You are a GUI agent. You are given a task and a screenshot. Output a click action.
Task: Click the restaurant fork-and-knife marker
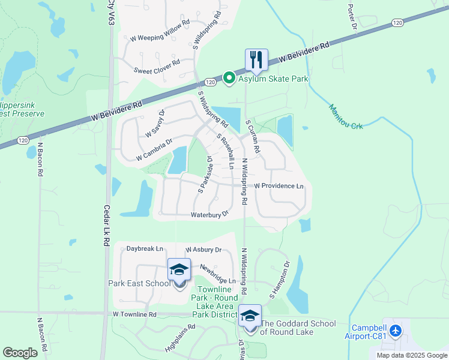point(256,60)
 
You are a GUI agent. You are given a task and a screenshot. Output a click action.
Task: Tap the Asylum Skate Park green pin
point(229,77)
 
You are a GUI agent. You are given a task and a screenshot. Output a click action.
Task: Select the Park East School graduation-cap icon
point(179,270)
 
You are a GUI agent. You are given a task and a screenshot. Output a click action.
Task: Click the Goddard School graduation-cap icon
point(250,316)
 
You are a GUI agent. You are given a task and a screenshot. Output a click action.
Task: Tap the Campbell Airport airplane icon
point(395,331)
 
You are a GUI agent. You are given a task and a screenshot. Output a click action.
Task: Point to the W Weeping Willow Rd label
point(160,37)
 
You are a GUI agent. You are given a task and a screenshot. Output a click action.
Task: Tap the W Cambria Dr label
point(154,149)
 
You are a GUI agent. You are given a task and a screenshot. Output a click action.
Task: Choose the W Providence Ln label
point(279,186)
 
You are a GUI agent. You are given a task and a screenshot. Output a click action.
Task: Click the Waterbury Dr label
point(210,214)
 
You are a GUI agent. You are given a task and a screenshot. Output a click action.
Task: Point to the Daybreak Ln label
point(145,248)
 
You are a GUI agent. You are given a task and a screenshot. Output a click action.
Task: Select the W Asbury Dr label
point(203,250)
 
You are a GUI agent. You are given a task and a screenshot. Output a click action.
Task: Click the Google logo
point(20,352)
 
